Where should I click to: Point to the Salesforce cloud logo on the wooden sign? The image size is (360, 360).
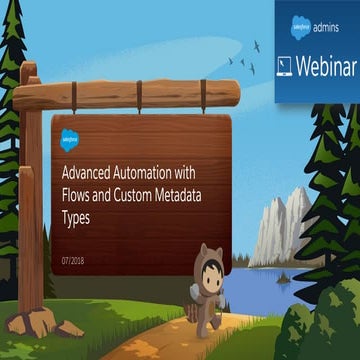pyautogui.click(x=69, y=136)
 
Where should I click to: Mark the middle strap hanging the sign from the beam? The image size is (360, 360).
pyautogui.click(x=141, y=106)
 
